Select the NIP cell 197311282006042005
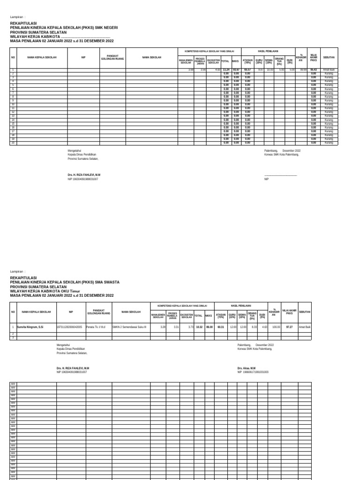(x=69, y=326)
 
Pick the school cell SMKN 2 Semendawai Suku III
(x=129, y=326)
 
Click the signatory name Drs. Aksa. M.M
(x=247, y=368)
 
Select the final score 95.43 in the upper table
(x=314, y=69)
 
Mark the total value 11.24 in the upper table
(x=226, y=69)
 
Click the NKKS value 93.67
(x=236, y=69)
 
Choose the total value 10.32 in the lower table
(x=199, y=326)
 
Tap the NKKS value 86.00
(x=209, y=326)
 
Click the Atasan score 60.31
(x=220, y=326)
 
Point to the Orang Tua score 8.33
(x=254, y=326)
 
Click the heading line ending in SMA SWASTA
(x=64, y=283)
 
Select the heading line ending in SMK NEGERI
(x=64, y=28)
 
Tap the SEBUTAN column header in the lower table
(x=305, y=312)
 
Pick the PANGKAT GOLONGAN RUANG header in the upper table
(x=112, y=57)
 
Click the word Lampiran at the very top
(x=17, y=17)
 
